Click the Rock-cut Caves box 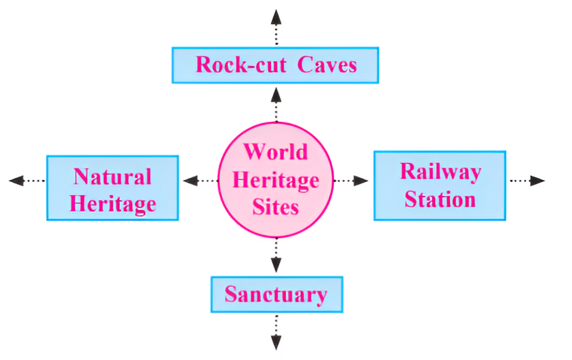pos(275,65)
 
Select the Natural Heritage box pos(112,188)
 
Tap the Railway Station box pos(440,185)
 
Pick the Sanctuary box pos(276,294)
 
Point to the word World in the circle pos(275,152)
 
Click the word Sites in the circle pos(275,207)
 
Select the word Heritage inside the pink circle pos(275,180)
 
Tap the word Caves pos(327,65)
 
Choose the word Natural pos(112,177)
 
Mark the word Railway pos(440,172)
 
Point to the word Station pos(440,200)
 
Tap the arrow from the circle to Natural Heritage pos(199,181)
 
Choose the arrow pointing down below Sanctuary pos(276,333)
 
